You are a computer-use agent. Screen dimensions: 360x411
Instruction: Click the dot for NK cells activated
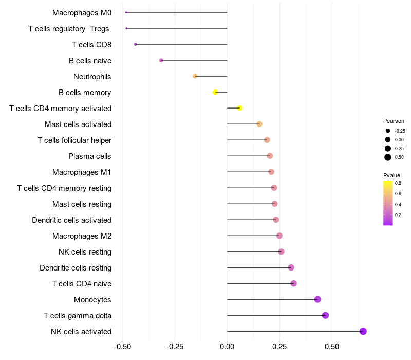click(x=363, y=331)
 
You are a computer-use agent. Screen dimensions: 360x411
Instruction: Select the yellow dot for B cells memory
click(x=215, y=92)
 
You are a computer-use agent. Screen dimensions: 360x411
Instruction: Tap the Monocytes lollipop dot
click(x=317, y=299)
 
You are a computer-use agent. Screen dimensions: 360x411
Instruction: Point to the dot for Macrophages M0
click(x=126, y=12)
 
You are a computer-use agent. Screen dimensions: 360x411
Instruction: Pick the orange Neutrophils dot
click(x=195, y=76)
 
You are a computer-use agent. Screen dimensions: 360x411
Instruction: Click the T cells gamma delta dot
click(x=325, y=315)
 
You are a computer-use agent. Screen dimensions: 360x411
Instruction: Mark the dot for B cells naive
click(x=161, y=60)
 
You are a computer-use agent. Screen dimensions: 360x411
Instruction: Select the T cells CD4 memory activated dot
click(x=239, y=108)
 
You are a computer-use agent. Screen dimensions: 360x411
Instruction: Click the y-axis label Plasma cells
click(x=90, y=156)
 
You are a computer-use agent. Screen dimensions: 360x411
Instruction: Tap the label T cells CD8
click(x=91, y=45)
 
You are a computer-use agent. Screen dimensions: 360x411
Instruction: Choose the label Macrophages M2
click(x=82, y=236)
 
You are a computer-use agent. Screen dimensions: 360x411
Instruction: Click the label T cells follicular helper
click(x=74, y=140)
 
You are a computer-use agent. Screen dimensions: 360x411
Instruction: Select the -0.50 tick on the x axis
click(x=122, y=347)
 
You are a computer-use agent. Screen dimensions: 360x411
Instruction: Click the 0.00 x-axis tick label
click(x=227, y=347)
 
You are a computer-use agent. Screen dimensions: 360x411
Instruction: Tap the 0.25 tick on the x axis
click(x=279, y=347)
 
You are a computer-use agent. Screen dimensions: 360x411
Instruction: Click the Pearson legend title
click(x=394, y=121)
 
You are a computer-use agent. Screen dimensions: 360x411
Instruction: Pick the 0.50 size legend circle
click(x=388, y=157)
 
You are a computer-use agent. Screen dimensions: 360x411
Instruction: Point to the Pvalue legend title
click(x=391, y=175)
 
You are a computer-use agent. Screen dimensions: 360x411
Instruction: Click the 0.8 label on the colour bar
click(x=398, y=183)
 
